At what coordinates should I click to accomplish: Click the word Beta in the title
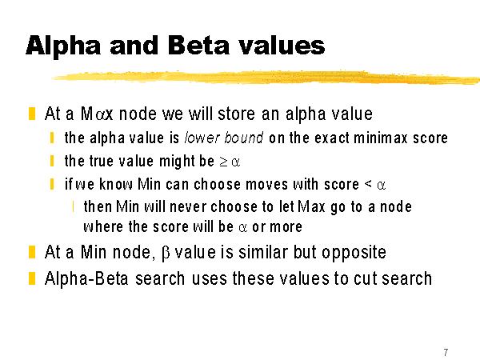198,46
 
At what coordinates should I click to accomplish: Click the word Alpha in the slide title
63,46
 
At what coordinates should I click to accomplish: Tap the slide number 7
446,352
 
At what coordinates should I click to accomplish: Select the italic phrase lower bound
224,138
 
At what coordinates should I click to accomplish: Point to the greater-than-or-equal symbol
223,162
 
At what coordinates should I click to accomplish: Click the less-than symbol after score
368,184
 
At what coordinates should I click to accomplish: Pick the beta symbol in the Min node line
165,254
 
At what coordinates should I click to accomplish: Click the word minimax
381,138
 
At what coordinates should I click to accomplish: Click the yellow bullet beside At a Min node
32,252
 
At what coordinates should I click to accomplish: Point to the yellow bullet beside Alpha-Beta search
32,278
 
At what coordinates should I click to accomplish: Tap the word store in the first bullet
236,114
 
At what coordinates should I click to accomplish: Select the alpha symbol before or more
242,228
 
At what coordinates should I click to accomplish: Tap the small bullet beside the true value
52,161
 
